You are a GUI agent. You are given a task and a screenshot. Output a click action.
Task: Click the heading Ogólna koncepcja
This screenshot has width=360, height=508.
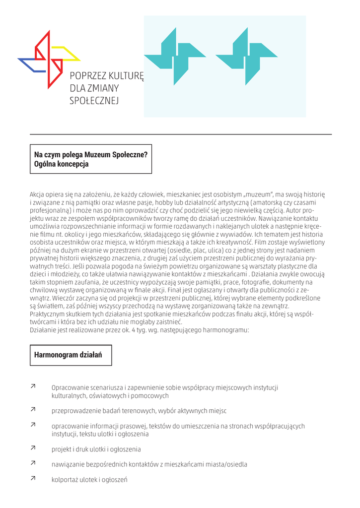(61, 164)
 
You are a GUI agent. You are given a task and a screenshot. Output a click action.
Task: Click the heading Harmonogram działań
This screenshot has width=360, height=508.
(68, 355)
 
